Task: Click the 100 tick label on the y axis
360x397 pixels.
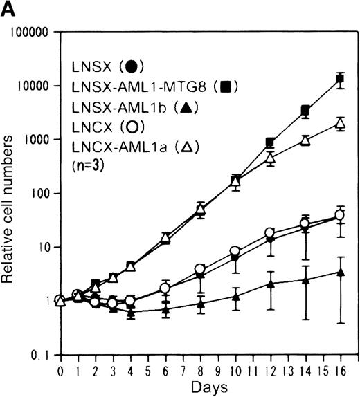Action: point(39,194)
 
